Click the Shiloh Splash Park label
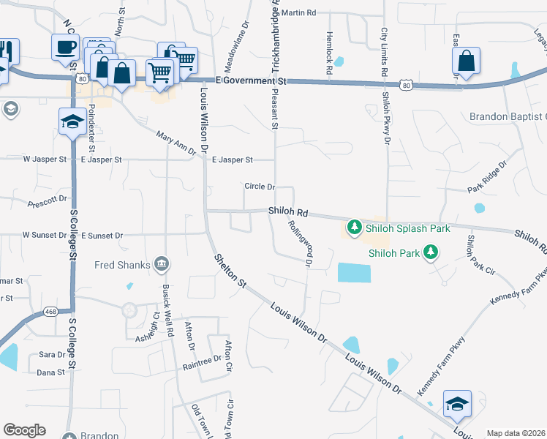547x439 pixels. (x=408, y=228)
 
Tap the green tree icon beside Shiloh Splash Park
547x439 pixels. (x=355, y=228)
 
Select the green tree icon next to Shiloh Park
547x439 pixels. (x=431, y=253)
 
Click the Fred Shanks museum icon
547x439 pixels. (x=162, y=263)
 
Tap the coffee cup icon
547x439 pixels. (x=65, y=48)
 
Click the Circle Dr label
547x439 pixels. (x=260, y=187)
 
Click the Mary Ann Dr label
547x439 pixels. (x=178, y=142)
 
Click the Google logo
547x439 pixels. (x=24, y=430)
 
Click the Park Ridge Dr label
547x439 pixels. (x=487, y=178)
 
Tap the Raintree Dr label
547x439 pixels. (x=202, y=360)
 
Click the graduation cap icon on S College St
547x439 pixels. (x=72, y=121)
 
